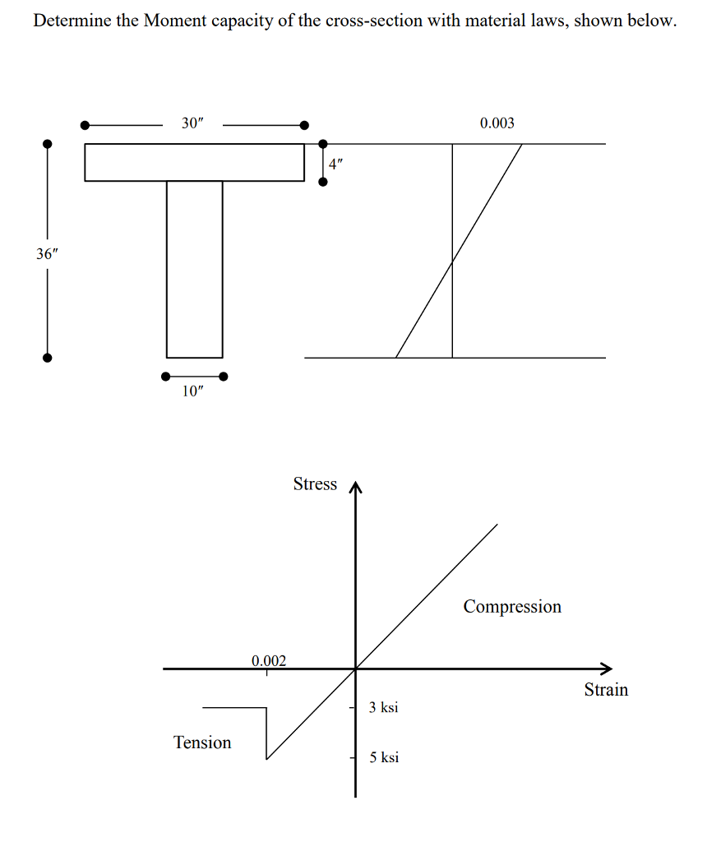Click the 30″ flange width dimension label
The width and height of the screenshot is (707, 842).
click(192, 123)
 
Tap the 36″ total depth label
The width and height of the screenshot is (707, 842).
click(47, 253)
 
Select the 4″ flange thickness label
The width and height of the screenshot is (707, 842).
click(335, 164)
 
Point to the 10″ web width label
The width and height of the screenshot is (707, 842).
click(192, 391)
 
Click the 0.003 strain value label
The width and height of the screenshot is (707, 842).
click(497, 123)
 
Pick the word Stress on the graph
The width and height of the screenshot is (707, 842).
click(315, 483)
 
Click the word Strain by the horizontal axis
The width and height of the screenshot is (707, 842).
click(606, 690)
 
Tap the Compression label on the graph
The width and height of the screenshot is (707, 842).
click(512, 606)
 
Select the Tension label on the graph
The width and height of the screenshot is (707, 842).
click(202, 743)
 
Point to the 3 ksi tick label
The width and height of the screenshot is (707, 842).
click(383, 707)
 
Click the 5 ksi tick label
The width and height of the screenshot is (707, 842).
click(384, 757)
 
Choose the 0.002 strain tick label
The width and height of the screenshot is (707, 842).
click(269, 660)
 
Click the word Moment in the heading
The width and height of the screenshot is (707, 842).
click(174, 21)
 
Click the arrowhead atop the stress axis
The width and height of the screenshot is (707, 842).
click(355, 487)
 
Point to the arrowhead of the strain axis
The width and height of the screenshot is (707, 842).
click(607, 669)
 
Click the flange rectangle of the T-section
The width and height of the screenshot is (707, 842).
click(194, 162)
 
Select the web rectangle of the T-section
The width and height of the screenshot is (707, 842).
click(194, 269)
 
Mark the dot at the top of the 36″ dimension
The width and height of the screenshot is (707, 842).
click(47, 143)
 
